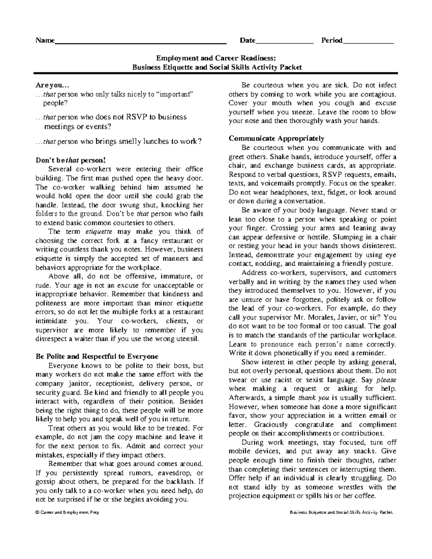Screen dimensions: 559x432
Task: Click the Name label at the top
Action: click(x=45, y=40)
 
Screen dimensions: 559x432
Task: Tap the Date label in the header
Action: click(x=247, y=40)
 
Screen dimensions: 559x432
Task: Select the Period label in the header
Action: click(x=332, y=40)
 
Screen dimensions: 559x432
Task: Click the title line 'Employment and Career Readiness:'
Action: click(x=216, y=58)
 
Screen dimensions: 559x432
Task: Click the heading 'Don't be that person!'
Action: click(x=71, y=161)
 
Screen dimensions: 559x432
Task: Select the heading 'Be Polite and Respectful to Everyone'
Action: click(x=97, y=357)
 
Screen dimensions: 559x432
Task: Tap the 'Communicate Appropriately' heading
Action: click(x=276, y=138)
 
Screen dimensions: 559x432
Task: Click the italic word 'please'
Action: click(x=386, y=380)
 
